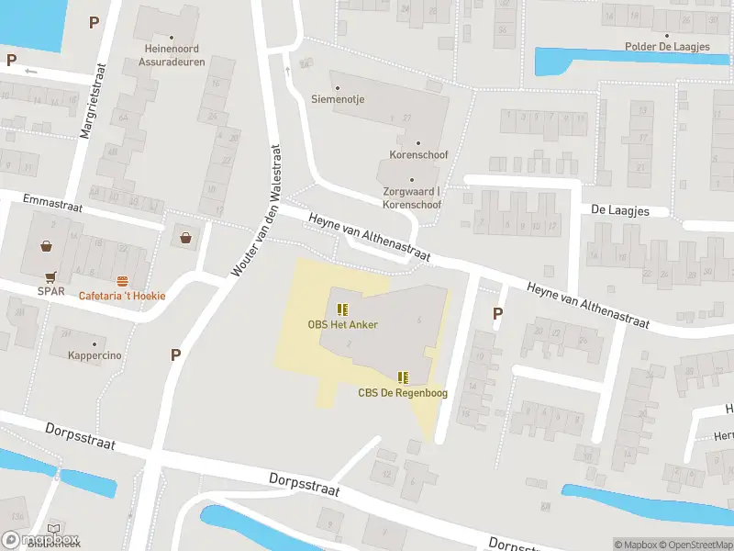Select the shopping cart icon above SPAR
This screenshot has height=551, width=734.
click(50, 276)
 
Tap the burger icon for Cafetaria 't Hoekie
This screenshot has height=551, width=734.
click(122, 280)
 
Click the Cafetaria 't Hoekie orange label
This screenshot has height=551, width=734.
click(122, 296)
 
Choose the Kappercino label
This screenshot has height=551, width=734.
click(95, 355)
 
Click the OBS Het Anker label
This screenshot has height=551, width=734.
click(342, 324)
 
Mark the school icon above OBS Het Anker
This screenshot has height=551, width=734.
click(342, 309)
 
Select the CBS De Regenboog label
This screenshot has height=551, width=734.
click(401, 393)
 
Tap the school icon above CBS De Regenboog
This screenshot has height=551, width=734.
click(402, 377)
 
